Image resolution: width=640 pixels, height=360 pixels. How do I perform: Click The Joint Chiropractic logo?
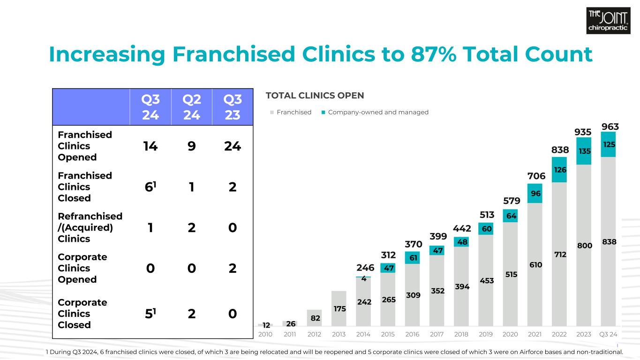(x=608, y=21)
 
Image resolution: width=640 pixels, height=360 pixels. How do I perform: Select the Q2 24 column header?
(x=191, y=107)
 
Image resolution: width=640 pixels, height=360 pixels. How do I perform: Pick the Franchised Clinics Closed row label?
(x=85, y=187)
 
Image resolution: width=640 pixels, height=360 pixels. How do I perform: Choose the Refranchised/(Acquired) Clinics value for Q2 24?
(x=191, y=228)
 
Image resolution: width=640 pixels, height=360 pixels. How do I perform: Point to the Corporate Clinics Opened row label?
(x=83, y=268)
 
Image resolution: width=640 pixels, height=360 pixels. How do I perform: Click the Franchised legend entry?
(x=291, y=112)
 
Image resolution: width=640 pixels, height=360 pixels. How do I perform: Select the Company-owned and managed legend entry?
(x=375, y=112)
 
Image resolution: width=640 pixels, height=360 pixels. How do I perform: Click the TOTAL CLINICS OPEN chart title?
(x=315, y=96)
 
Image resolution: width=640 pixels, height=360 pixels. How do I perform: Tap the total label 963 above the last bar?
(x=610, y=127)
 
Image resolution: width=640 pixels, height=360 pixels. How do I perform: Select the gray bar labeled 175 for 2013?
(x=339, y=308)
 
